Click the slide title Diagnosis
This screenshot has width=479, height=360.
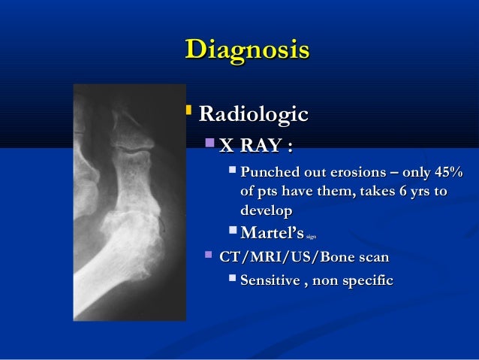246,50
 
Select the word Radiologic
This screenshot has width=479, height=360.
252,115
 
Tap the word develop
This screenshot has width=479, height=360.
266,211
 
